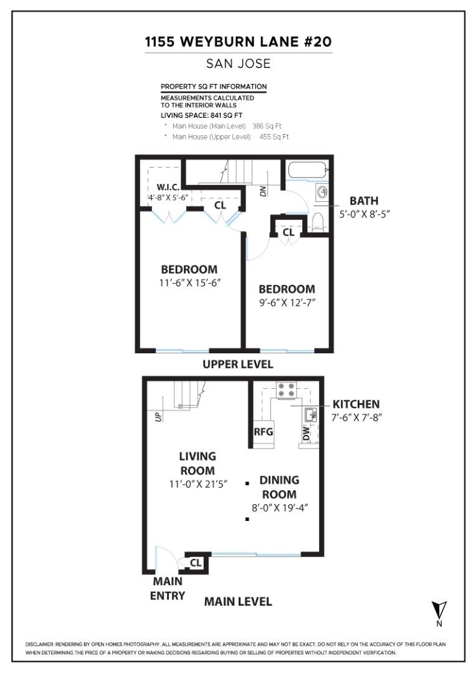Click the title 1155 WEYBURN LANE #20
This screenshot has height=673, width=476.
238,42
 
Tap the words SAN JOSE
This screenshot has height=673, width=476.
238,64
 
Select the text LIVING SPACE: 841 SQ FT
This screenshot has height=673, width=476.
202,115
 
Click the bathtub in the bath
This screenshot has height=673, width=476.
306,170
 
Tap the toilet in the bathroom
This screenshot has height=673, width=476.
318,220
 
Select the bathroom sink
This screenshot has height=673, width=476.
322,192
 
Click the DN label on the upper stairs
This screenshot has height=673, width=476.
263,193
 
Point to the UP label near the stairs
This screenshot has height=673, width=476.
158,416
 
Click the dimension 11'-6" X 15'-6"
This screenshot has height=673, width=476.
189,282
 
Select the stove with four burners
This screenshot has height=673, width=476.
286,390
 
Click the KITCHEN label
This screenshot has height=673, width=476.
356,404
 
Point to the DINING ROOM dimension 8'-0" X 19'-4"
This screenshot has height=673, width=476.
280,508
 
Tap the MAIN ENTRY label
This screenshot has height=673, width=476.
168,588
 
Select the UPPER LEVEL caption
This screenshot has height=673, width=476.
237,364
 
